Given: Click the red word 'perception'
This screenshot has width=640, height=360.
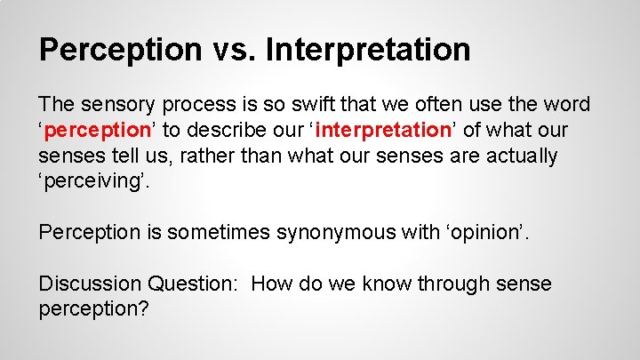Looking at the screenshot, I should point(99,131).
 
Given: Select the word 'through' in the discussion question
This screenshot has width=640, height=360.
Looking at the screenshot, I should point(448,284).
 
